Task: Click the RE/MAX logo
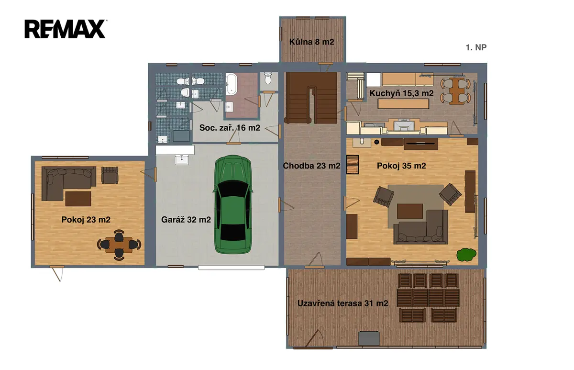pos(66,29)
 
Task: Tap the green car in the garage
pos(232,204)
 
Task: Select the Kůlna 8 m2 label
pos(311,42)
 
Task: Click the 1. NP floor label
pos(476,47)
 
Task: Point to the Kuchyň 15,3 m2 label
pos(401,93)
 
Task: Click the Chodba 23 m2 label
pos(311,166)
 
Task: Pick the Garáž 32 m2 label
pos(186,220)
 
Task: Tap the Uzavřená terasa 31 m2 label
pos(343,303)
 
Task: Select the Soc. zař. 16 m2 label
pos(230,128)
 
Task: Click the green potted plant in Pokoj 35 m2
pos(466,255)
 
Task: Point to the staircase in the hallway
pos(311,98)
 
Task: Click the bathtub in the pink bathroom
pos(232,84)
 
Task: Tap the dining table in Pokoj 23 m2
pos(119,245)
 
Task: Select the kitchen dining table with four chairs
pos(455,91)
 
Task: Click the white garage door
pos(231,268)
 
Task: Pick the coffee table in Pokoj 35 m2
pos(410,211)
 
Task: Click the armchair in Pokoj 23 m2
pos(110,175)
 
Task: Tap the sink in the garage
pos(182,159)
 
